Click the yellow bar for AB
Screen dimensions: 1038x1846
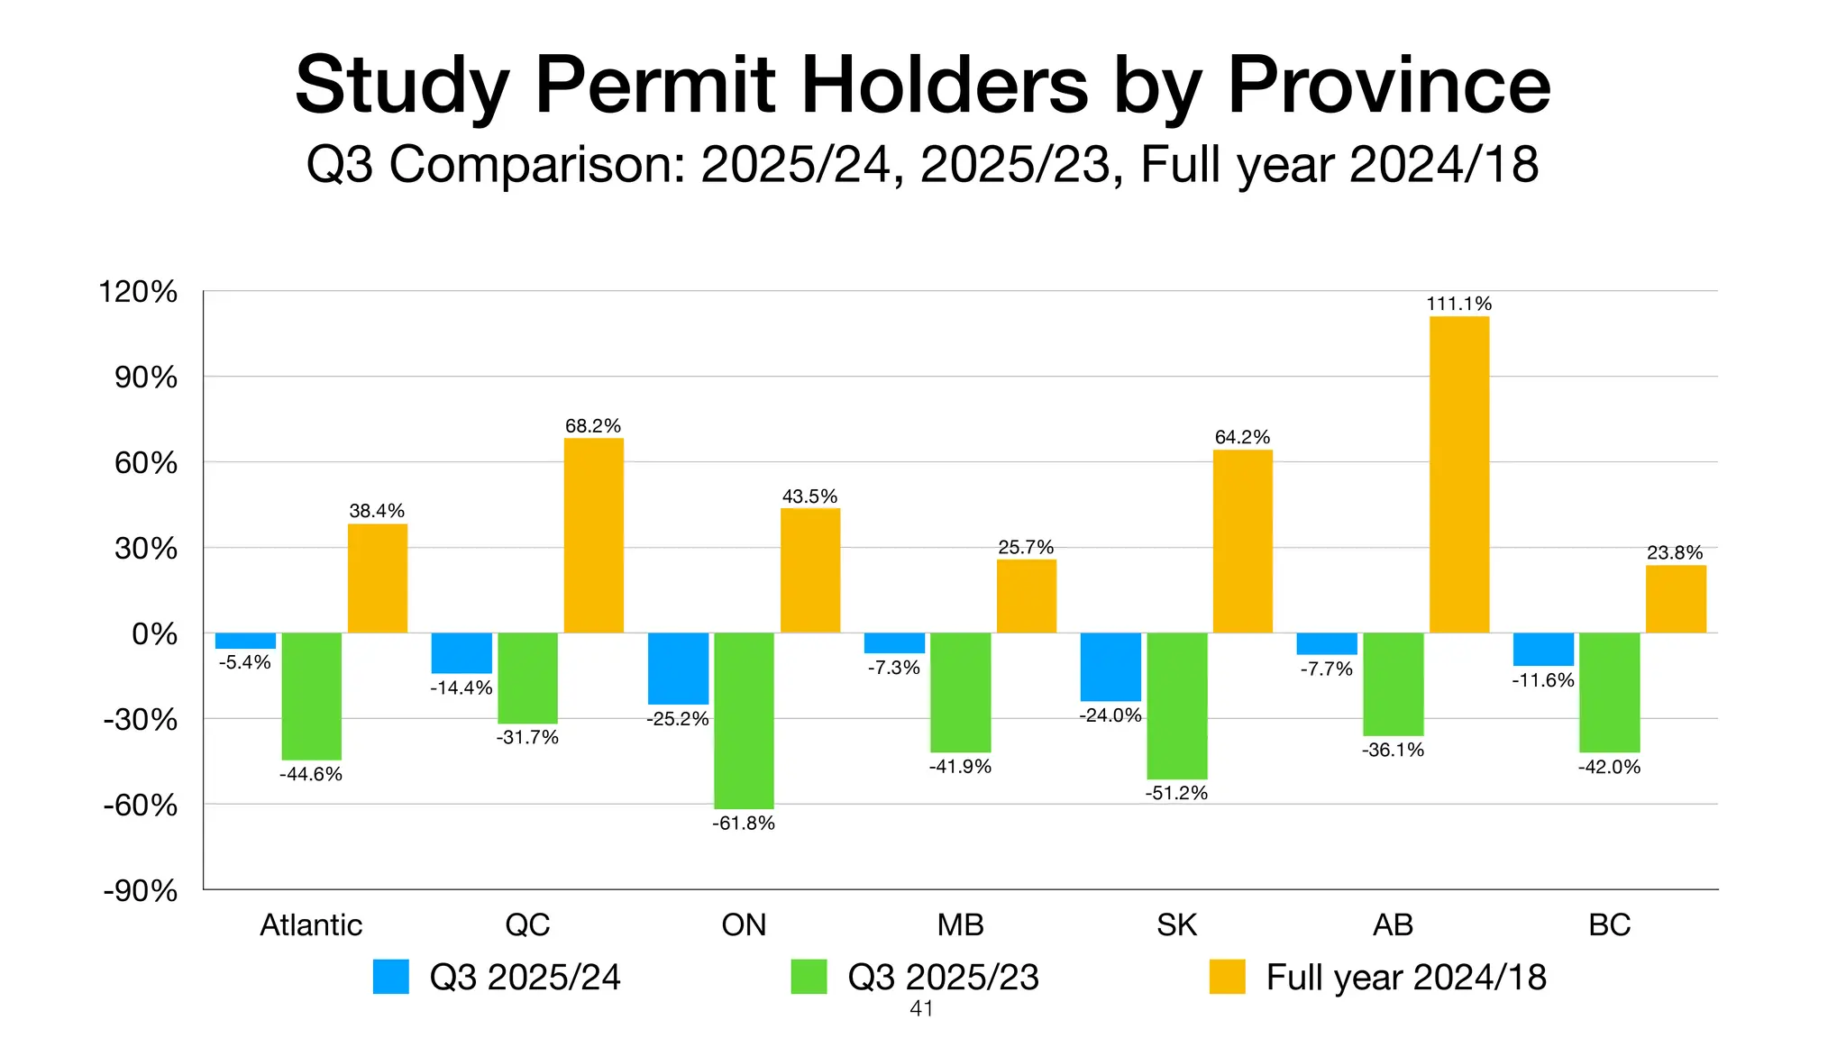point(1458,475)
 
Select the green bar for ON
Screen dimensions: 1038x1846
point(744,721)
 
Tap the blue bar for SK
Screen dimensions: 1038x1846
point(1110,667)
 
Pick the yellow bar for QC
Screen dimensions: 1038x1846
point(593,535)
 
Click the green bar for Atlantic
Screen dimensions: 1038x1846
point(311,697)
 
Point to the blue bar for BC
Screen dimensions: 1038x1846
point(1543,650)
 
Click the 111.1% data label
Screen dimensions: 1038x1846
point(1458,305)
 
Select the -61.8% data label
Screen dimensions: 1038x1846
point(744,824)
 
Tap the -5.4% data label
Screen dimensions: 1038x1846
point(245,663)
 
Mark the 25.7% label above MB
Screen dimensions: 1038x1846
point(1026,548)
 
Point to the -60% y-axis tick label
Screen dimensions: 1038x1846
point(141,806)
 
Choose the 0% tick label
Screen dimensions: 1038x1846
point(154,634)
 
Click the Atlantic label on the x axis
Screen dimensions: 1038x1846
point(311,925)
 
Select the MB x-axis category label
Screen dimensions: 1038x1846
point(960,925)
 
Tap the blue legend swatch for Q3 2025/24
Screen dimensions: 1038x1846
point(391,978)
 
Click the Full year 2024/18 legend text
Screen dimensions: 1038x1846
point(1405,978)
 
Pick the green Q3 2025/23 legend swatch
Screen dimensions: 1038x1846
point(809,978)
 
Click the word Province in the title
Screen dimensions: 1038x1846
point(1389,86)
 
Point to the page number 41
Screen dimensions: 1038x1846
point(921,1009)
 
